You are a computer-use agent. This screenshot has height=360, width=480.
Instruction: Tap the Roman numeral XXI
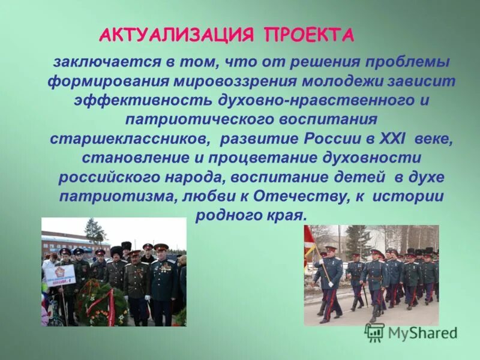pyautogui.click(x=393, y=140)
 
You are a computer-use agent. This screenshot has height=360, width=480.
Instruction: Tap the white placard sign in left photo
pyautogui.click(x=59, y=274)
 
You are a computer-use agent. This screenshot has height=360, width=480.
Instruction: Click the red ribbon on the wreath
pyautogui.click(x=111, y=306)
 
